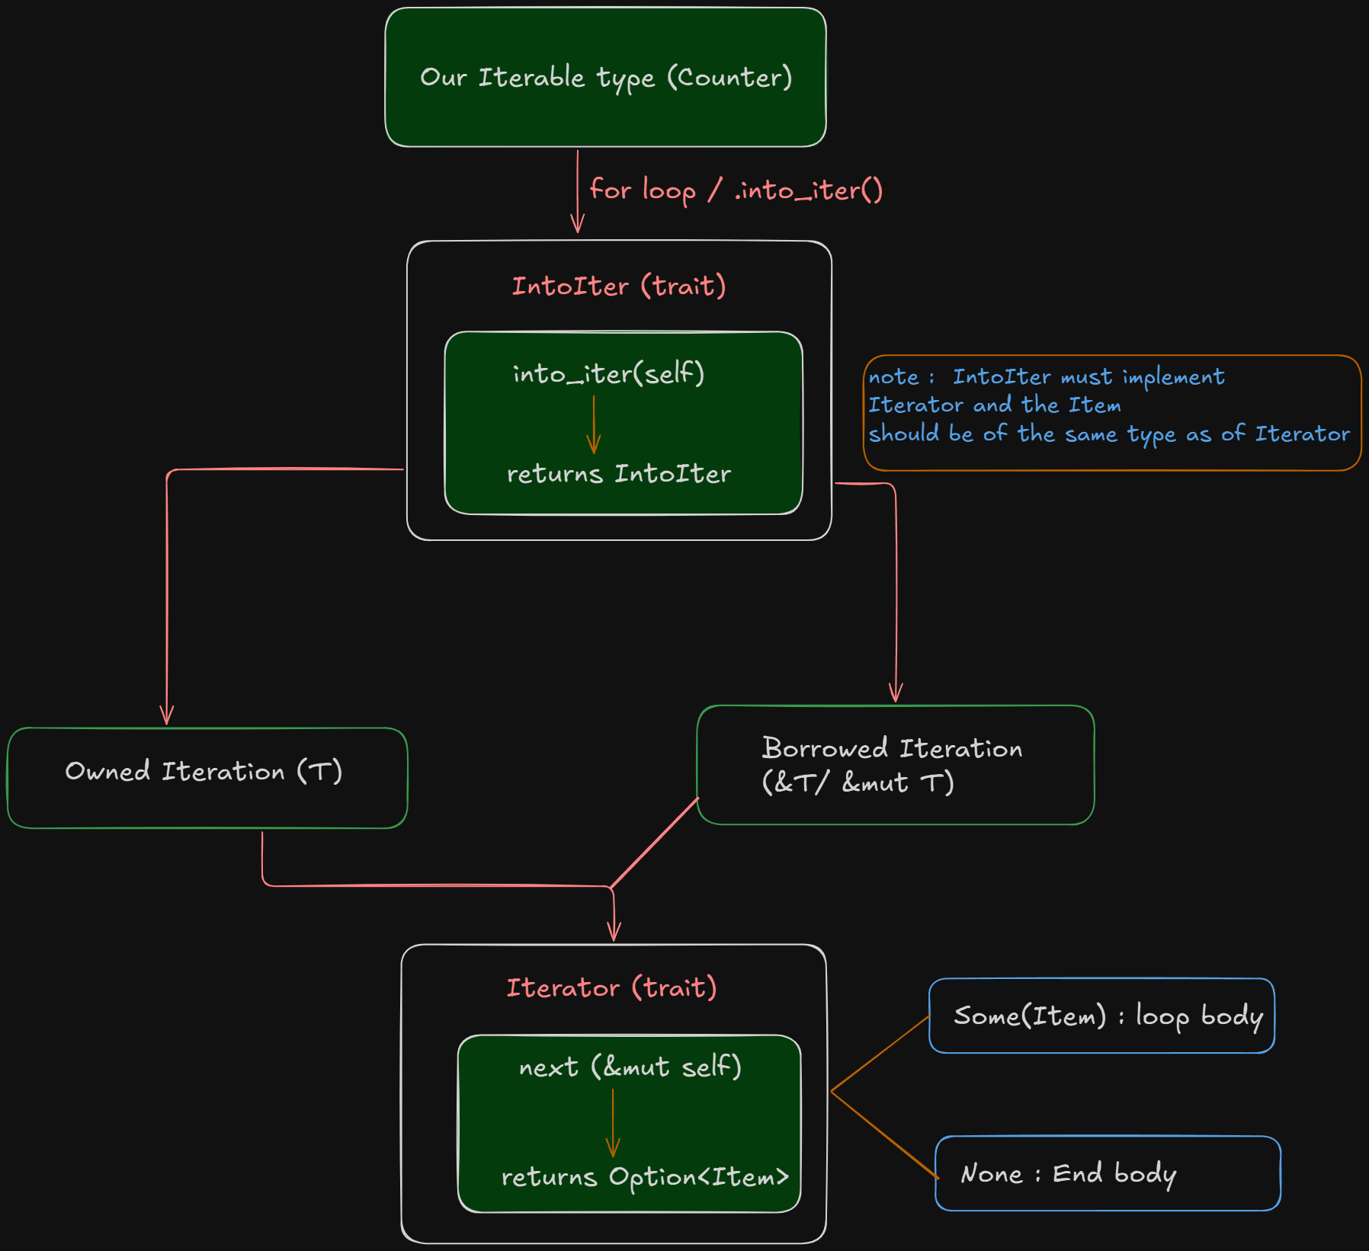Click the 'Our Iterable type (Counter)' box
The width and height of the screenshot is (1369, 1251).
(x=605, y=77)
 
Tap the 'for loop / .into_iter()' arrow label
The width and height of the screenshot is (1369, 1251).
(x=736, y=190)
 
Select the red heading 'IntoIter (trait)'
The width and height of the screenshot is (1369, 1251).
(x=618, y=286)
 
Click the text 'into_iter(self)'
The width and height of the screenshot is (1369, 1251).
(x=608, y=373)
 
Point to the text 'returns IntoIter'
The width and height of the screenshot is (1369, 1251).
(x=618, y=474)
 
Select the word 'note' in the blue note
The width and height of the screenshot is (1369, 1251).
(x=893, y=377)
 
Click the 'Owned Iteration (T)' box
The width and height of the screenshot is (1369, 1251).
(x=207, y=777)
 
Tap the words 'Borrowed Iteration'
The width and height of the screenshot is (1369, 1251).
(x=892, y=748)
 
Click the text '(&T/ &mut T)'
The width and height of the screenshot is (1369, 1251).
(x=858, y=782)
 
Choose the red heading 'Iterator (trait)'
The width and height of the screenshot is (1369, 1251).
(x=611, y=988)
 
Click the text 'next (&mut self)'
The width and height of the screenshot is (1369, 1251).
(x=630, y=1067)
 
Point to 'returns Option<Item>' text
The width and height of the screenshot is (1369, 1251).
(x=645, y=1177)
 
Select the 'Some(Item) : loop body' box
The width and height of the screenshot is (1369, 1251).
(x=1101, y=1016)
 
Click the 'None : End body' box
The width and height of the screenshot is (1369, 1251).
(x=1108, y=1173)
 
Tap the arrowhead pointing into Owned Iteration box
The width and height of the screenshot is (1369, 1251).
(x=167, y=717)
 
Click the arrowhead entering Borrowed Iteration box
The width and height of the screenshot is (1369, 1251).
(x=896, y=693)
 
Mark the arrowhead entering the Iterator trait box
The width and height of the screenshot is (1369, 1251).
(x=614, y=933)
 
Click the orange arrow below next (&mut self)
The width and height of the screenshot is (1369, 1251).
(x=613, y=1124)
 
